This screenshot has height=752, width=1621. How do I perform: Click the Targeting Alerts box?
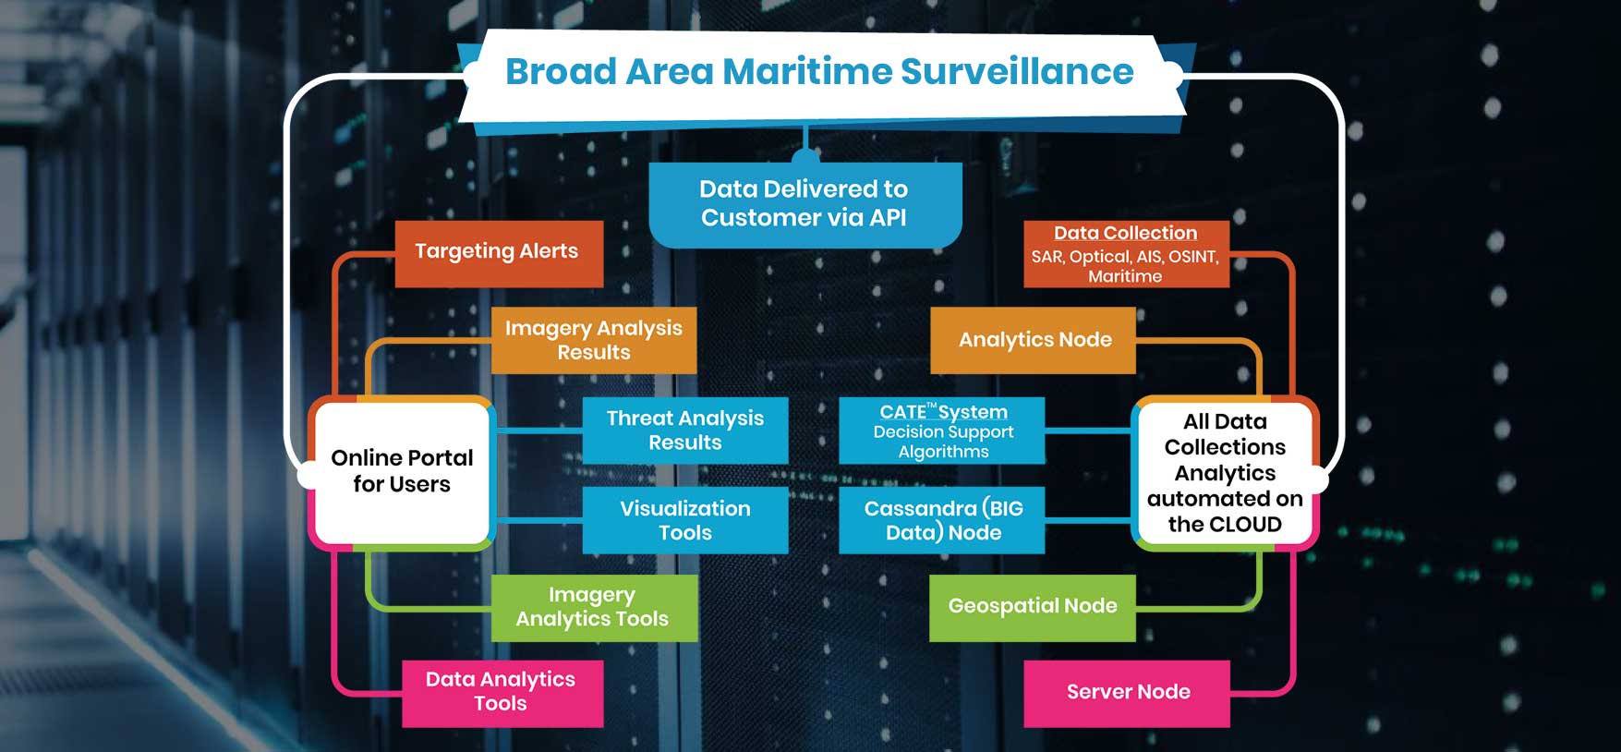(x=499, y=253)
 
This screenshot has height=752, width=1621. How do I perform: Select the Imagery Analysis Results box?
(x=593, y=340)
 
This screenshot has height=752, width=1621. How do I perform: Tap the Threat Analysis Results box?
(x=684, y=431)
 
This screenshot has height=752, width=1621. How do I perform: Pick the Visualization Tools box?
(x=684, y=520)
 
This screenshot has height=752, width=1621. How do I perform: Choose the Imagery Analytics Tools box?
(x=593, y=608)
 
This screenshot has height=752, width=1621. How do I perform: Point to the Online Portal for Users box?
(x=402, y=471)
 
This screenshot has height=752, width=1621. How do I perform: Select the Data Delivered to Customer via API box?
(x=804, y=204)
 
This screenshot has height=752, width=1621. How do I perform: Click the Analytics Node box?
(x=1034, y=340)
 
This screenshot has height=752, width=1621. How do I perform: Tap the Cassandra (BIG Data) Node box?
(x=942, y=520)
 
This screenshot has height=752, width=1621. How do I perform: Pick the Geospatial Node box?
(x=1032, y=607)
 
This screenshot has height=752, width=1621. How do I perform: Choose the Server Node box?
(x=1127, y=693)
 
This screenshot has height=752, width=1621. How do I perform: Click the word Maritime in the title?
(x=805, y=72)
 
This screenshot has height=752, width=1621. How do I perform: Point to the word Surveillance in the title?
(x=1016, y=72)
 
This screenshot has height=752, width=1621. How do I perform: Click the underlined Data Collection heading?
(x=1125, y=234)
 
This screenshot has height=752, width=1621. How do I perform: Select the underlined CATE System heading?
(x=943, y=412)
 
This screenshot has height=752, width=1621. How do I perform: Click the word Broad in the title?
(x=561, y=72)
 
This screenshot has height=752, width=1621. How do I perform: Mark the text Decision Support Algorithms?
(x=943, y=442)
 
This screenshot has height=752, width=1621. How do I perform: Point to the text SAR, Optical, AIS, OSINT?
(x=1125, y=257)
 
